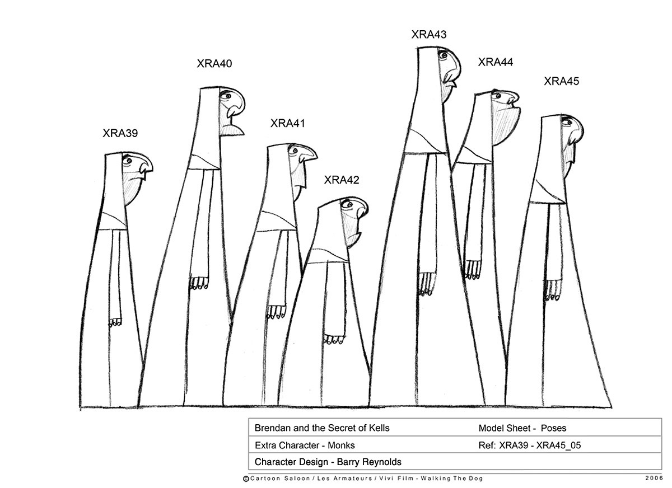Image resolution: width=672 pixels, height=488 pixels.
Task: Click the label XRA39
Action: tap(120, 133)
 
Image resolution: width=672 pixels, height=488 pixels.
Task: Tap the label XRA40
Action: tap(214, 64)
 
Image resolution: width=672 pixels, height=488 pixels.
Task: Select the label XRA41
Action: tap(287, 123)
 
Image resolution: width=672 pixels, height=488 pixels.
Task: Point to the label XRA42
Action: tap(342, 180)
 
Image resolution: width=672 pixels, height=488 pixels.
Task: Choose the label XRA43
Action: tap(429, 35)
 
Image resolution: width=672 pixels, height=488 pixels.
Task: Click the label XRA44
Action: tap(496, 62)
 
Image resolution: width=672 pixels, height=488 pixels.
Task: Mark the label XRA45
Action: tap(562, 82)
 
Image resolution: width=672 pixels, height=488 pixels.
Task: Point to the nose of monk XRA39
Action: tap(147, 166)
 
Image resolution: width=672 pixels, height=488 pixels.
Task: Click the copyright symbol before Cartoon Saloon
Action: tap(246, 478)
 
